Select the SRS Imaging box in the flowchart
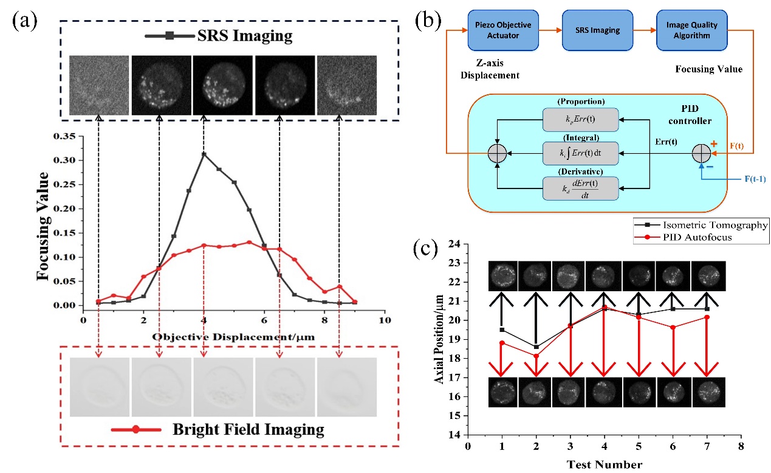click(x=589, y=30)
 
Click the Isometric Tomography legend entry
click(x=699, y=225)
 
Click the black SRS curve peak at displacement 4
click(x=204, y=154)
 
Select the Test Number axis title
click(x=605, y=464)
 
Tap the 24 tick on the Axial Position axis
click(x=453, y=244)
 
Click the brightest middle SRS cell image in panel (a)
click(x=223, y=85)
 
